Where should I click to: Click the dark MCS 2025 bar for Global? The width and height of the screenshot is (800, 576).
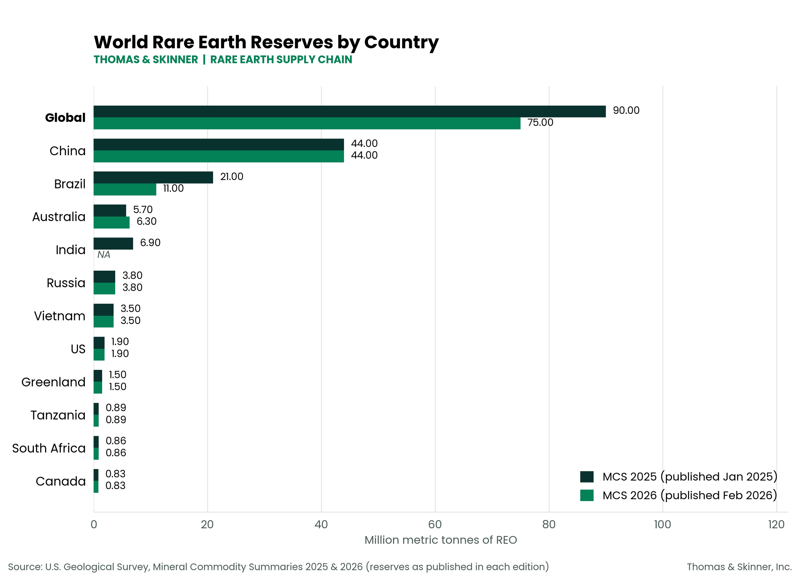(x=349, y=111)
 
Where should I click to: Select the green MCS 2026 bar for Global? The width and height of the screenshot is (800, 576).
(x=307, y=124)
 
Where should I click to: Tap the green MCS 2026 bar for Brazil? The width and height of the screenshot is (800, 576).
(x=125, y=189)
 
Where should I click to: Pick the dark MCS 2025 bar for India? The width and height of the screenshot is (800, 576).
(x=113, y=244)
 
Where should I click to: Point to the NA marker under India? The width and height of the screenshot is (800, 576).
(x=104, y=255)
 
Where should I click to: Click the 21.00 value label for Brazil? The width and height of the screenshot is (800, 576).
(x=232, y=176)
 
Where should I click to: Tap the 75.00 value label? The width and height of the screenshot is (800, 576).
(x=540, y=122)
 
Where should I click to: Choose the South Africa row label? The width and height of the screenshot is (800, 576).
(x=49, y=448)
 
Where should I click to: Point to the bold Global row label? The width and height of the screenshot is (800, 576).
(x=65, y=117)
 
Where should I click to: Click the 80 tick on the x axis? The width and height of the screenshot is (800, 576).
(x=549, y=524)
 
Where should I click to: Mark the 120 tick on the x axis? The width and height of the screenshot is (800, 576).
(x=776, y=524)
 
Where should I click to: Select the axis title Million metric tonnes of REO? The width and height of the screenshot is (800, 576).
(x=441, y=540)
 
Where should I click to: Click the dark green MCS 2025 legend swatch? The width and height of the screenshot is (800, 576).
(x=587, y=477)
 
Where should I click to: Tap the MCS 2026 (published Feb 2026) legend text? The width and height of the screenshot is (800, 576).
(x=690, y=495)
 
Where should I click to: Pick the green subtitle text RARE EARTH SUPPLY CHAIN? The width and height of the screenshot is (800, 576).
(x=281, y=60)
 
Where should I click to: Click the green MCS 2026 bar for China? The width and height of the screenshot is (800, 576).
(x=219, y=156)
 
